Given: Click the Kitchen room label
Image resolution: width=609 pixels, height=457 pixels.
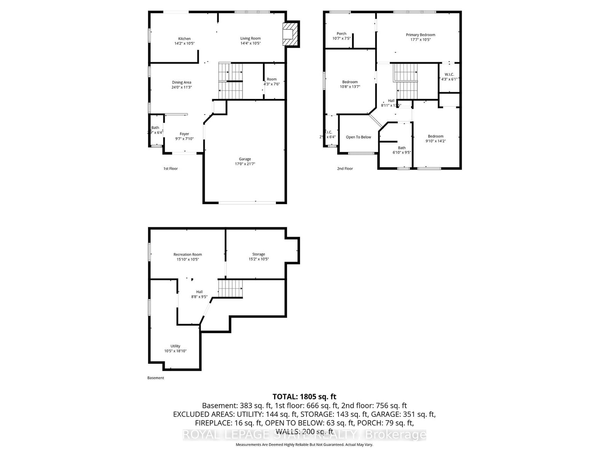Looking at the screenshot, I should [185, 39].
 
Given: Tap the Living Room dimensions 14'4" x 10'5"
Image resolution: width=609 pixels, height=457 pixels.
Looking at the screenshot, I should [250, 43].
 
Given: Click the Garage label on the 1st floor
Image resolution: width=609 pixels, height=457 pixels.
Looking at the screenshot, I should [245, 159].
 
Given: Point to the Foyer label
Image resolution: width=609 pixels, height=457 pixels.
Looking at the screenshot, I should [184, 134].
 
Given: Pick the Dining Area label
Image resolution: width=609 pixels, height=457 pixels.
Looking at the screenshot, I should [182, 82].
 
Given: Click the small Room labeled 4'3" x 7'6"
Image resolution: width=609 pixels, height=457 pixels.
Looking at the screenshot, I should [271, 80].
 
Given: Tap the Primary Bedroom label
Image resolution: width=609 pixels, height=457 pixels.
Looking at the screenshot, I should [420, 35].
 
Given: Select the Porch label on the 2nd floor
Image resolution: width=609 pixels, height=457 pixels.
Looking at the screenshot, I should [341, 34].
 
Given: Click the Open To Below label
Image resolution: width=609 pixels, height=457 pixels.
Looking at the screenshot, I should [358, 137].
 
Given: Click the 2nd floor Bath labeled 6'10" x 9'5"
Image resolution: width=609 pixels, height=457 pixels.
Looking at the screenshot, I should [402, 148].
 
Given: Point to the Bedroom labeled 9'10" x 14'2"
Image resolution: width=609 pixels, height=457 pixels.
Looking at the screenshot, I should [435, 136].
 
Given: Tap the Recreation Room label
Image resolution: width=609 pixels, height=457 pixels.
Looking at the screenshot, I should [187, 254].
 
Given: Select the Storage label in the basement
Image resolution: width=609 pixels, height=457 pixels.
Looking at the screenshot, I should [258, 254].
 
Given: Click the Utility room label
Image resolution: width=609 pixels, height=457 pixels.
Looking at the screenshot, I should [175, 346].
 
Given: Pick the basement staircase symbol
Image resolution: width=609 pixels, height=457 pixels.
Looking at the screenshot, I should [230, 288].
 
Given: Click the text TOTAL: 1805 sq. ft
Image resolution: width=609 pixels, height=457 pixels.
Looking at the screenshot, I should [304, 396].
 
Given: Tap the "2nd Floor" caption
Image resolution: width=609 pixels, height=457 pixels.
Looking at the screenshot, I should [345, 168].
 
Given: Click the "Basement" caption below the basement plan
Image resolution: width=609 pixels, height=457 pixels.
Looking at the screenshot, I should [155, 378].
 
